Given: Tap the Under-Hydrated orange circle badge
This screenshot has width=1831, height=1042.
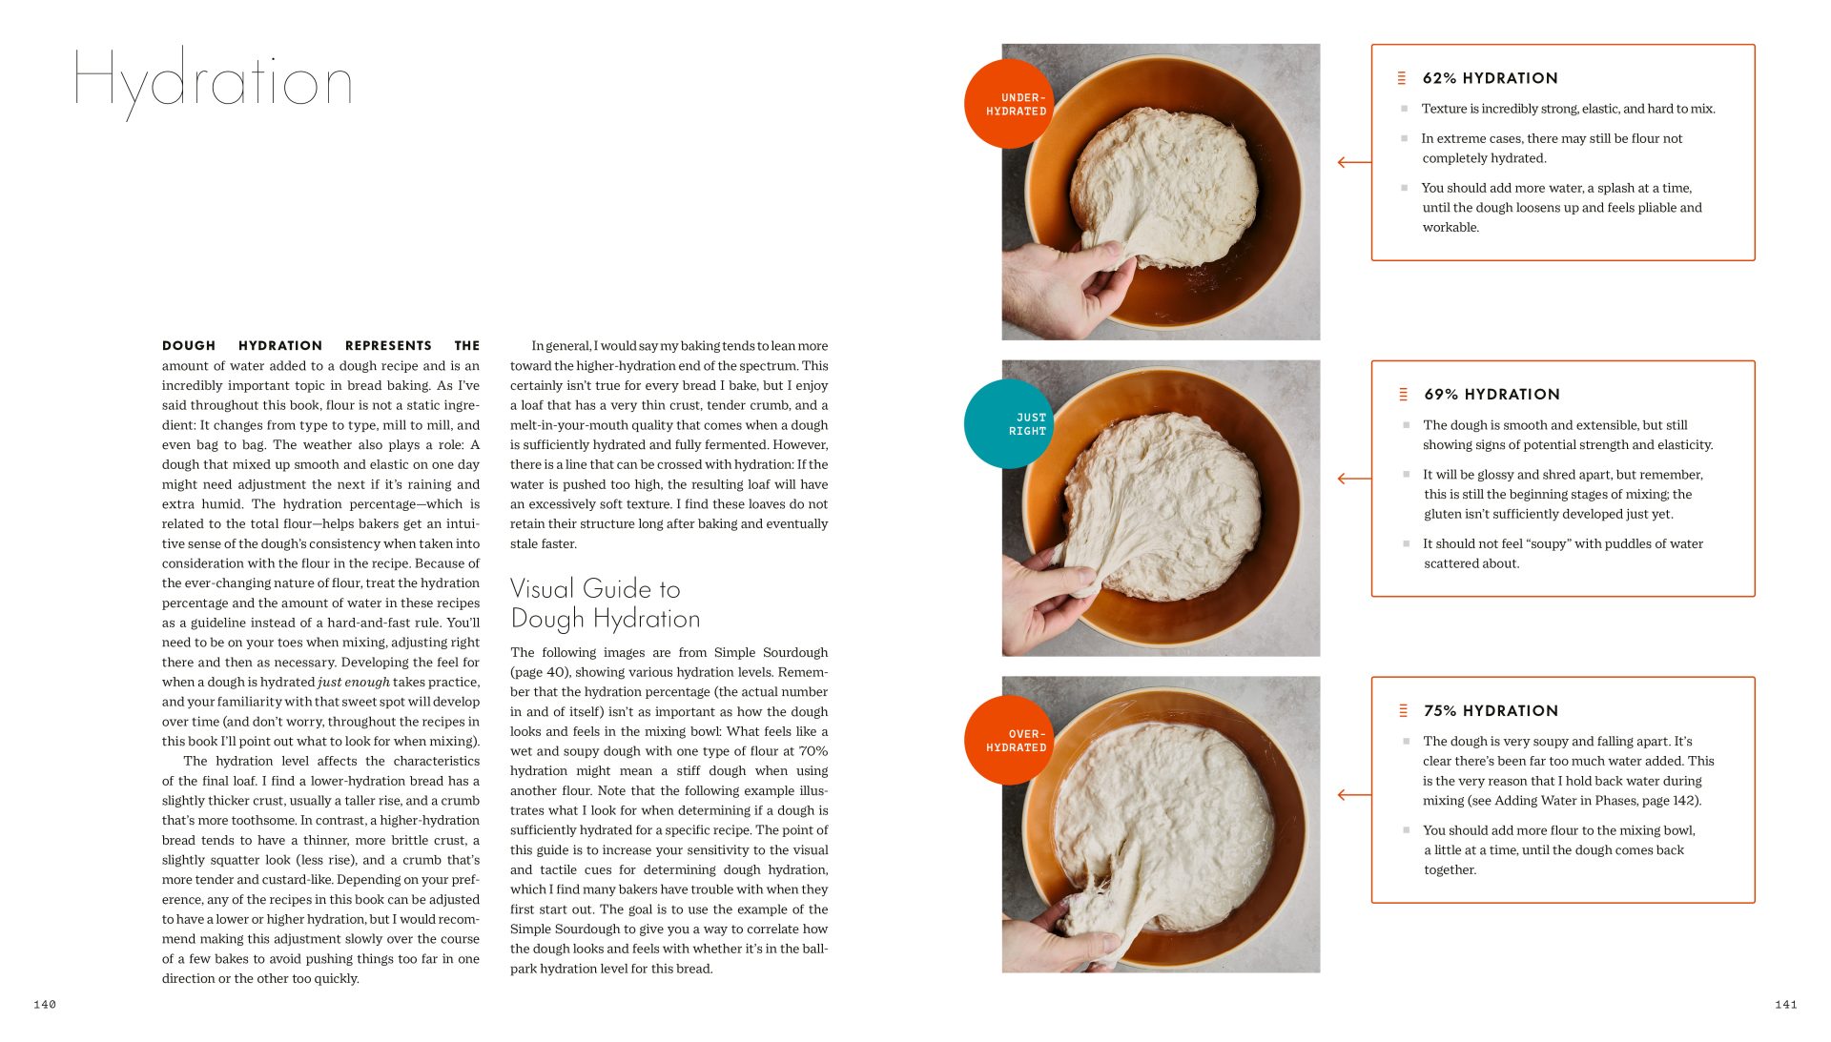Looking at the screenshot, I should tap(1009, 104).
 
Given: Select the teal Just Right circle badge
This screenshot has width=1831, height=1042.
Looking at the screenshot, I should tap(1009, 424).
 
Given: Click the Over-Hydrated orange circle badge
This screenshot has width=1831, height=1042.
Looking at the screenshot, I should tap(1009, 741).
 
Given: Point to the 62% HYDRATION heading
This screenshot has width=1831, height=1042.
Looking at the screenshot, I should tap(1490, 78).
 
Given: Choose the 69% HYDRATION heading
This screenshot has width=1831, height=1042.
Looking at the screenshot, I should tap(1492, 395).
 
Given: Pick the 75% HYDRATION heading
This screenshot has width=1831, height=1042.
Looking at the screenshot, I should tap(1491, 711).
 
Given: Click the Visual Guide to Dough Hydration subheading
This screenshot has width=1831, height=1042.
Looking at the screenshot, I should tap(605, 603).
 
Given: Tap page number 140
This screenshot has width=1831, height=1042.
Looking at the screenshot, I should tap(45, 1004).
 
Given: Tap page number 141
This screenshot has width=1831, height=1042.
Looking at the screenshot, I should tap(1785, 1004).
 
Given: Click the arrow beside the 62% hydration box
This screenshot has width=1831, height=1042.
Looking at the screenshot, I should tap(1353, 163).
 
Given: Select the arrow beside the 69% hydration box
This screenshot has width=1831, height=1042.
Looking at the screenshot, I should tap(1353, 479).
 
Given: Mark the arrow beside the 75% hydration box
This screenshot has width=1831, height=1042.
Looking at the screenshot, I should tap(1353, 795).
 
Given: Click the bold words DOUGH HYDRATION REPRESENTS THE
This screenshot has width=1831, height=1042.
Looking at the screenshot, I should tap(320, 346).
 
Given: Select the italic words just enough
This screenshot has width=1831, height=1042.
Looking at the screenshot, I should tap(354, 683).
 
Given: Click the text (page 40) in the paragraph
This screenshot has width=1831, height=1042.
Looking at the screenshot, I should tap(541, 672).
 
